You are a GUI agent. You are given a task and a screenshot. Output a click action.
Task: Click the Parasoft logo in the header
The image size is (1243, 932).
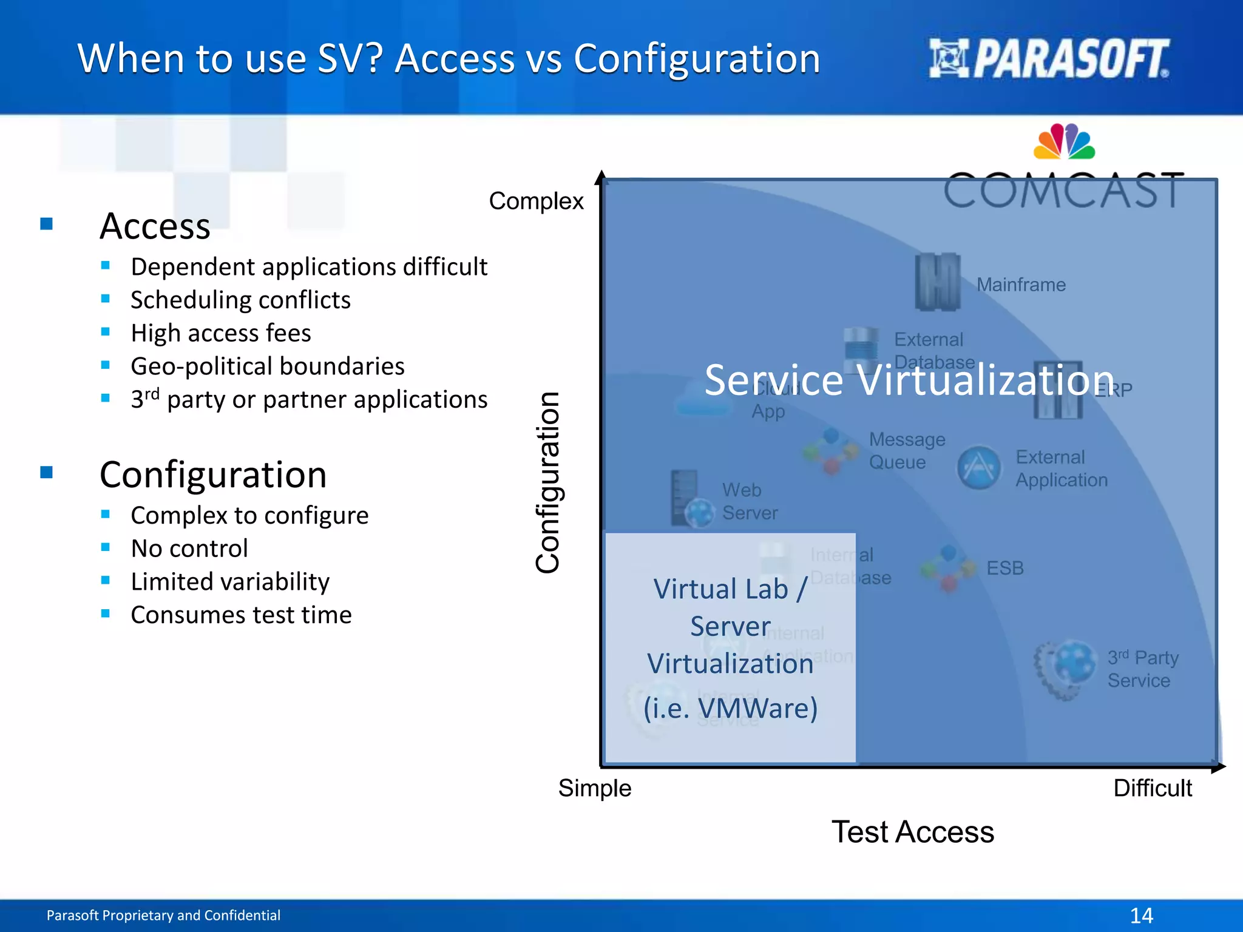tap(1049, 58)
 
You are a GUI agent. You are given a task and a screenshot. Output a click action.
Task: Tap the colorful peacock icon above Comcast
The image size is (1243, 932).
tap(1064, 141)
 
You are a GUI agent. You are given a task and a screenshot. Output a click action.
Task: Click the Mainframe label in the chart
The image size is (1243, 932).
tap(1021, 285)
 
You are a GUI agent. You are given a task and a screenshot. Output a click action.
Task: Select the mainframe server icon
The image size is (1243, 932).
tap(938, 282)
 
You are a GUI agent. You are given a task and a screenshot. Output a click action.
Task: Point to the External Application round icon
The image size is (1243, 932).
tap(978, 468)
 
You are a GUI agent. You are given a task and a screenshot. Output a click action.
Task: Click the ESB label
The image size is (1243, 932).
tap(1004, 568)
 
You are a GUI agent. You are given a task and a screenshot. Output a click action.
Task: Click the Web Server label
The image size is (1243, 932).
tap(749, 501)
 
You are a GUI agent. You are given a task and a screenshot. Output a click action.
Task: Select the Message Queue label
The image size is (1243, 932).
tap(907, 450)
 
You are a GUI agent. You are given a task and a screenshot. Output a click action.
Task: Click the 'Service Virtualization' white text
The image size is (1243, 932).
tap(909, 380)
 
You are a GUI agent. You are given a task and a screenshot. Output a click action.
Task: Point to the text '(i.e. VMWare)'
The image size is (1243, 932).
tap(730, 708)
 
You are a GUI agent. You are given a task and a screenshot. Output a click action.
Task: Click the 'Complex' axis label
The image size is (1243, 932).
tap(536, 201)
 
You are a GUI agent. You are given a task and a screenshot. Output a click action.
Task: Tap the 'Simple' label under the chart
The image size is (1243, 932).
tap(594, 788)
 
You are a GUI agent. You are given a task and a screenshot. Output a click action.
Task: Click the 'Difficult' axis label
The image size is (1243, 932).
tap(1152, 788)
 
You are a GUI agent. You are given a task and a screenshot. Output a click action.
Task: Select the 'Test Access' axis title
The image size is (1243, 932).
tap(912, 831)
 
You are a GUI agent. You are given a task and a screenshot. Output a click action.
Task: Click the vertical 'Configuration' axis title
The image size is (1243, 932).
tap(548, 482)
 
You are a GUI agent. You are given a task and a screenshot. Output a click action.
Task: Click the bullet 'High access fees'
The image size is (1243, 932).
tap(220, 333)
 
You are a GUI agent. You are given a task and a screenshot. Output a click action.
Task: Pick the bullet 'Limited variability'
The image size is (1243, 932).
tap(230, 581)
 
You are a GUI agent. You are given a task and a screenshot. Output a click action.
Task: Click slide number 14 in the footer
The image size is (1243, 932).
tap(1141, 915)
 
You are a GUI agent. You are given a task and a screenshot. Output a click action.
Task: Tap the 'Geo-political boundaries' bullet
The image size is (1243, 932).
tap(267, 366)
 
